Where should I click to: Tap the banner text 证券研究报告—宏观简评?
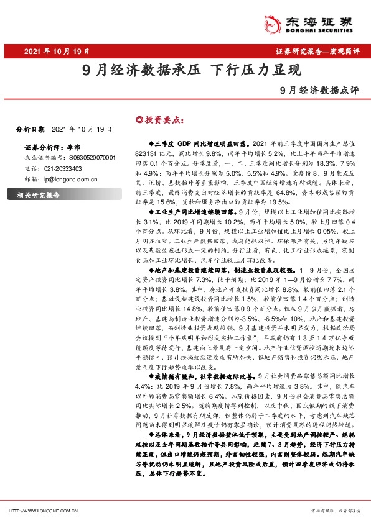pos(317,52)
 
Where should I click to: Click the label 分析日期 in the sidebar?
pos(31,129)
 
